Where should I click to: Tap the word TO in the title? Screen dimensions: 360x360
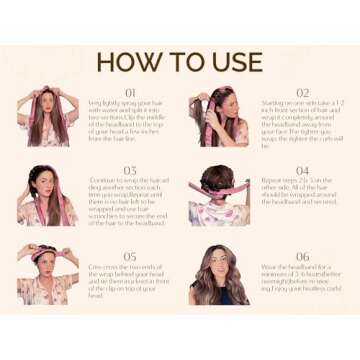click(182, 61)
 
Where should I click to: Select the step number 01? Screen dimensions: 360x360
click(129, 92)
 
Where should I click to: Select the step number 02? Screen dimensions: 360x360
click(302, 92)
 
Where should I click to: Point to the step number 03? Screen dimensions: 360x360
click(129, 170)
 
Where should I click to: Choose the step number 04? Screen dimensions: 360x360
click(302, 170)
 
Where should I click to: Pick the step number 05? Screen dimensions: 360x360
click(129, 256)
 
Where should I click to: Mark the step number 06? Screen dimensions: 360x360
click(302, 256)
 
